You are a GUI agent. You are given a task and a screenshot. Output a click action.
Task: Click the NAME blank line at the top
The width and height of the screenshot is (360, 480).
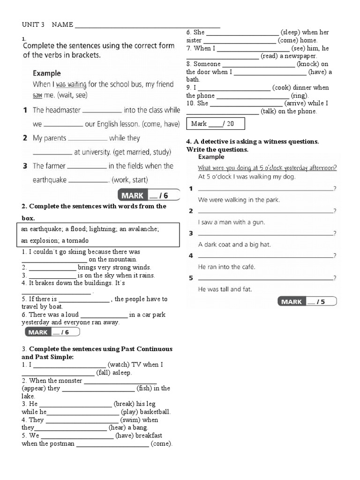click(147, 26)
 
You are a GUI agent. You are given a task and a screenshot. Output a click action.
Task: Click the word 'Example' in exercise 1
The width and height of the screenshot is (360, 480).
click(46, 73)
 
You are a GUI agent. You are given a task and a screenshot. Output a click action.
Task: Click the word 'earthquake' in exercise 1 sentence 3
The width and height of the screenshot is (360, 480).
click(50, 180)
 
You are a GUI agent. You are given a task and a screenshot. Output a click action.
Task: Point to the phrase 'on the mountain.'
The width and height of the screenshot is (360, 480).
click(113, 259)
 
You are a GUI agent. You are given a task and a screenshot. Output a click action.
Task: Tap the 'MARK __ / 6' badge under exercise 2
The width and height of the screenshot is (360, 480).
click(52, 332)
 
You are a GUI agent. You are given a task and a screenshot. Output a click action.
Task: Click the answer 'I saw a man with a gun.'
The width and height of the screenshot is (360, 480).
click(232, 222)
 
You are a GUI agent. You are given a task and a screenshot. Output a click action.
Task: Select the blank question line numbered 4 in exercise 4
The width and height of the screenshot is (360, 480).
click(265, 256)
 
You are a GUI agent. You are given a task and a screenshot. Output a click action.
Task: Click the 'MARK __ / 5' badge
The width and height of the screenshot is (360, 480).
click(307, 301)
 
